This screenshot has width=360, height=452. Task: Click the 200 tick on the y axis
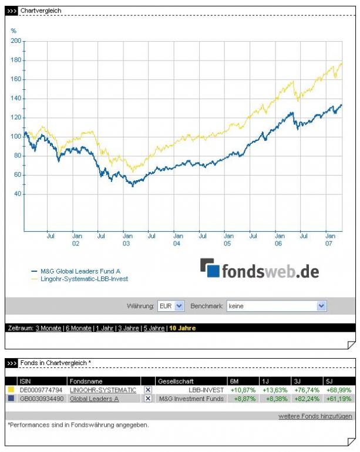(x=16, y=41)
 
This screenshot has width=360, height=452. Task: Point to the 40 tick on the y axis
(x=18, y=194)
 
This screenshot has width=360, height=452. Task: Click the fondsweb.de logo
(x=260, y=270)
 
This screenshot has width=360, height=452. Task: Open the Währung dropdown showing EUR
(x=171, y=306)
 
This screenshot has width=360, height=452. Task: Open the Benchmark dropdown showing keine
(x=277, y=306)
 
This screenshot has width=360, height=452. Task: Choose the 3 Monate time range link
(x=48, y=328)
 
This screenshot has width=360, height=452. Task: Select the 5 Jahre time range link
(x=153, y=328)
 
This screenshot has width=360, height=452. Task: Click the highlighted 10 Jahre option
(x=182, y=328)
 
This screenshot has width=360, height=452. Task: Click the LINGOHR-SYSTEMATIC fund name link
(x=103, y=390)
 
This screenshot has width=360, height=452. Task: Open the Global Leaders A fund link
(x=94, y=399)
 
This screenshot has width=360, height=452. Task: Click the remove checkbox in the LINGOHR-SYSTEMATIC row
(x=148, y=390)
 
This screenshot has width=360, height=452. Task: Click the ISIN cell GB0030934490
(x=42, y=399)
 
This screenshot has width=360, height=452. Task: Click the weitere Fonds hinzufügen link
(x=315, y=416)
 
